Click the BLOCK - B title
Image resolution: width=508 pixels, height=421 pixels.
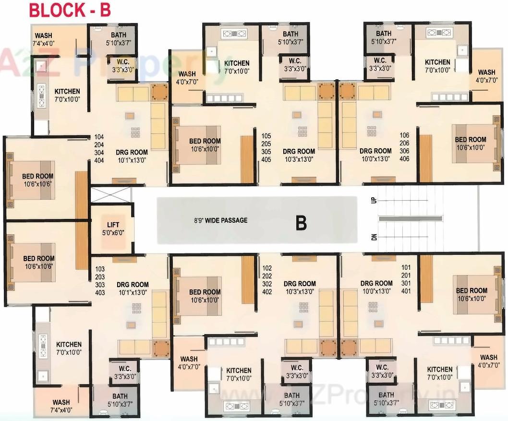pos(70,10)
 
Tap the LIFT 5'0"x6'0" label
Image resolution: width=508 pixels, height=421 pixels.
pos(113,228)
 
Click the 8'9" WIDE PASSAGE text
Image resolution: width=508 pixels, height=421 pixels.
pos(221,220)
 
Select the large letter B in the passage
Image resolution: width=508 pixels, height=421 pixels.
pos(301,223)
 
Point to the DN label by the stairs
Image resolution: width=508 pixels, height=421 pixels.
pos(373,237)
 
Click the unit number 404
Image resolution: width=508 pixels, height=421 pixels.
pos(100,160)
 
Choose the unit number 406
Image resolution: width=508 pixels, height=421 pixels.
pos(404,158)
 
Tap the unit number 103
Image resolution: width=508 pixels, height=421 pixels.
pos(100,269)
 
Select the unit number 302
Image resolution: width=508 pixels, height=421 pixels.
pos(267,284)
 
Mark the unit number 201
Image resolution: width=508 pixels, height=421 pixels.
pos(406,275)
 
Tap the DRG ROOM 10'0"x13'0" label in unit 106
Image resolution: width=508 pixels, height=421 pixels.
pos(375,155)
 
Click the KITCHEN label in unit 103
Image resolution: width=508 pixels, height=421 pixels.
pos(69,348)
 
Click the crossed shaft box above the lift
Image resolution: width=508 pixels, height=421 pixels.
pos(111,195)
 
